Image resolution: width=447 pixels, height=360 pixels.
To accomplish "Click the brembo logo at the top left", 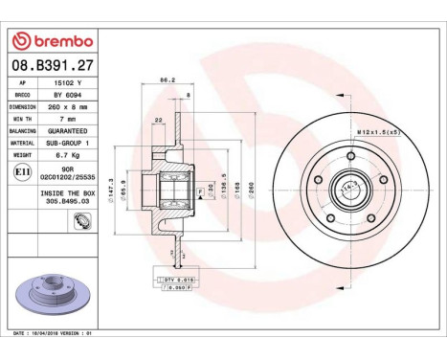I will [x=52, y=41].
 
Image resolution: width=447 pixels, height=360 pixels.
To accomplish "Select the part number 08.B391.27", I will [x=52, y=66].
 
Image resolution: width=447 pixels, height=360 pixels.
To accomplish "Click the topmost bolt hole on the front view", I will [x=353, y=154].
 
